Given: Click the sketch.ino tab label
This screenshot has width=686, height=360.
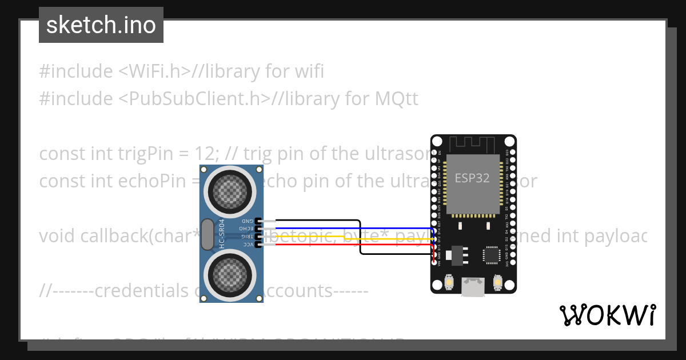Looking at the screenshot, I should coord(101,25).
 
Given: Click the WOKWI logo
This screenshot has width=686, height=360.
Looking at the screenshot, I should coord(607,315).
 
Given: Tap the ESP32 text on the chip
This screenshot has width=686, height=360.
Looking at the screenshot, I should coord(472,178).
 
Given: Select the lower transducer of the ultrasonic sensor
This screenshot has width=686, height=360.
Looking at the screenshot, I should coord(232,277).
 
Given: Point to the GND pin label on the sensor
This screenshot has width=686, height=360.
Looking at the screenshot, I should coord(247,221).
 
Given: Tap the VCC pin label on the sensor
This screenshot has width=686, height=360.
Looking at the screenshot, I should coord(248,244).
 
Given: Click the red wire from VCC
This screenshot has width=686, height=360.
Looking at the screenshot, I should coord(343,244).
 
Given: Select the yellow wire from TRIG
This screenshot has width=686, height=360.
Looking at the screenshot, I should coord(343,236).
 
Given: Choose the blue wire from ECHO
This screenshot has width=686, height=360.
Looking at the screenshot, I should coord(343,228).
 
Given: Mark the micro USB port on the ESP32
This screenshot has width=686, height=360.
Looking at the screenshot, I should coord(473,287).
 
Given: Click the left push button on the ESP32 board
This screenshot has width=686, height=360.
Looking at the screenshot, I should coord(449,282).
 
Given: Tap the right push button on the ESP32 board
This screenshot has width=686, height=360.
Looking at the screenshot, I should coord(497,282).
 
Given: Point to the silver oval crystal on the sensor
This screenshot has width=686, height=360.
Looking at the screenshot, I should coord(206,234).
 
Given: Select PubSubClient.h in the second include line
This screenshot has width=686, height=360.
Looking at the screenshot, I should coord(194,99).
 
